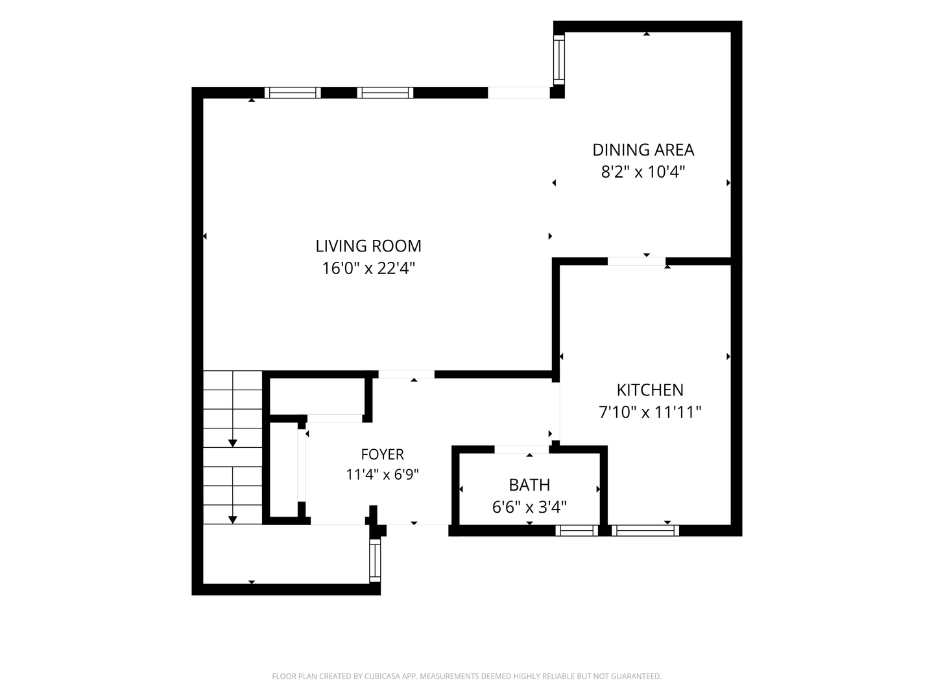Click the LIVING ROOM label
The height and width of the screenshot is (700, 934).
point(368,246)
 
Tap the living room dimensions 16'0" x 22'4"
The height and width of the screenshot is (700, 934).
point(368,268)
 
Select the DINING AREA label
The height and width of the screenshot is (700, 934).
point(643,150)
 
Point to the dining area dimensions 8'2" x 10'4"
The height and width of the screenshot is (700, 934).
point(643,172)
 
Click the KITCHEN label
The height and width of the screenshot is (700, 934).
point(650,390)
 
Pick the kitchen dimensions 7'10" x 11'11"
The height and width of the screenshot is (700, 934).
point(650,412)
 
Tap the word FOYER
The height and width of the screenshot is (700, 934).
point(382,454)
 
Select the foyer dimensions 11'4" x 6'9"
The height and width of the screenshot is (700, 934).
point(382,474)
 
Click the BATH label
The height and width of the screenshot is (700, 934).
point(529,485)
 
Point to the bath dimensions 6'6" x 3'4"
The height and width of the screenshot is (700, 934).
point(529,507)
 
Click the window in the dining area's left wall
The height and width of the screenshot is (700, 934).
point(558,60)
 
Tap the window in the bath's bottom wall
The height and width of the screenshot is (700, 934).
point(577,530)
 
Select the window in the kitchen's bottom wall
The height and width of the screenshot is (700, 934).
point(645,530)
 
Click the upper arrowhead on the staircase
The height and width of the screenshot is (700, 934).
point(232,443)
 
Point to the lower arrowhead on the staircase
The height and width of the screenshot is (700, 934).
point(232,520)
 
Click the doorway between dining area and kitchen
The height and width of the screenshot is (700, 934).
point(636,261)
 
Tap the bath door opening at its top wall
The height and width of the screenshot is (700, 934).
point(521,449)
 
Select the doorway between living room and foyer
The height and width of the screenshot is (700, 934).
point(407,375)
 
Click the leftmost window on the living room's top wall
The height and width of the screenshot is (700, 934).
point(293,93)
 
